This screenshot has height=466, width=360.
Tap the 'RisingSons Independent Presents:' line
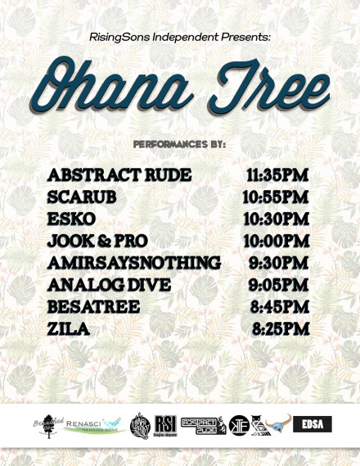(179, 38)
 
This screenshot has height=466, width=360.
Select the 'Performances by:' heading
(179, 144)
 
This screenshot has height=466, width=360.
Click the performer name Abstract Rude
(119, 175)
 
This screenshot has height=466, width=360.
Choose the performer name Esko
(71, 219)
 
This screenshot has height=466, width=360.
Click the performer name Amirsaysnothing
(134, 264)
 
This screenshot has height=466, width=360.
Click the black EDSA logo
(312, 425)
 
